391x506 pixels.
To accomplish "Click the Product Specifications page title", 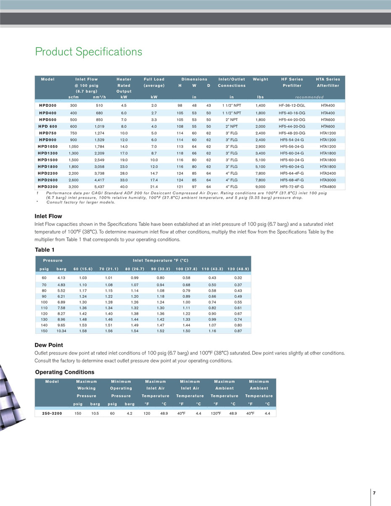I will tap(89, 52).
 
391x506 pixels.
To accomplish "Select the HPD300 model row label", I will tap(48, 106).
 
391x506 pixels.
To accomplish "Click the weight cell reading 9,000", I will tap(260, 186).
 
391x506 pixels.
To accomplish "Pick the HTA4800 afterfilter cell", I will tap(328, 186).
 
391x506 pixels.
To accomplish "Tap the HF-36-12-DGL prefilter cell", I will tap(292, 106).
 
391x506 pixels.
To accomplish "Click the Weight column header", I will tap(260, 79).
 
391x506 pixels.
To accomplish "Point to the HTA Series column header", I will tap(328, 79).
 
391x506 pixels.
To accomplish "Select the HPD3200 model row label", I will tap(48, 186).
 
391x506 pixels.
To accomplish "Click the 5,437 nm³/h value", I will tap(99, 186).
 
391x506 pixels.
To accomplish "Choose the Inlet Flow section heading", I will tap(48, 216).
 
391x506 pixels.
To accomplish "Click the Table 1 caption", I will tap(45, 250).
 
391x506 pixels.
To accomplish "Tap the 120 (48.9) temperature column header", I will tap(238, 269).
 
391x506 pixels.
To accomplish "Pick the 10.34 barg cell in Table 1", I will tap(61, 331).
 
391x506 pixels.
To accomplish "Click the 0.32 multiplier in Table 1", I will tap(238, 278).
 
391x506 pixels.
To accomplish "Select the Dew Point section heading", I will tap(49, 345).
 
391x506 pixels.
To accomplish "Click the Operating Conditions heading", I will tap(64, 372).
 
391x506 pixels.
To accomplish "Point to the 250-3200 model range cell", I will tap(52, 413).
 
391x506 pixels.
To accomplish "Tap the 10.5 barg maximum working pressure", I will tap(95, 413).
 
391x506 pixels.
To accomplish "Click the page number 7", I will tap(374, 493).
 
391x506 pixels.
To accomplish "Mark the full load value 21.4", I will tap(154, 186).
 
